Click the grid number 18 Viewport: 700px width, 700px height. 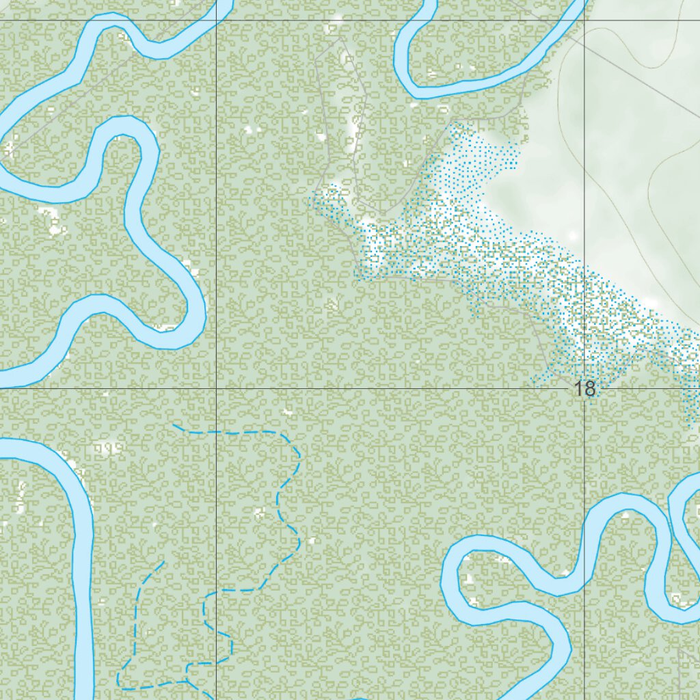click(585, 389)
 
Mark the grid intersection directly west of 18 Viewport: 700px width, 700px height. click(217, 388)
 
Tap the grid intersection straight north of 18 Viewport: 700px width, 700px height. click(584, 20)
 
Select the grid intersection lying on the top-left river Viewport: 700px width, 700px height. click(217, 20)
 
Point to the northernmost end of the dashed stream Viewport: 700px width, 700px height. click(174, 425)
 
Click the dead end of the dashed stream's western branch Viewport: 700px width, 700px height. click(164, 562)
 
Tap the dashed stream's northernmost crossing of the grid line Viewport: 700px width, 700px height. click(217, 433)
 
